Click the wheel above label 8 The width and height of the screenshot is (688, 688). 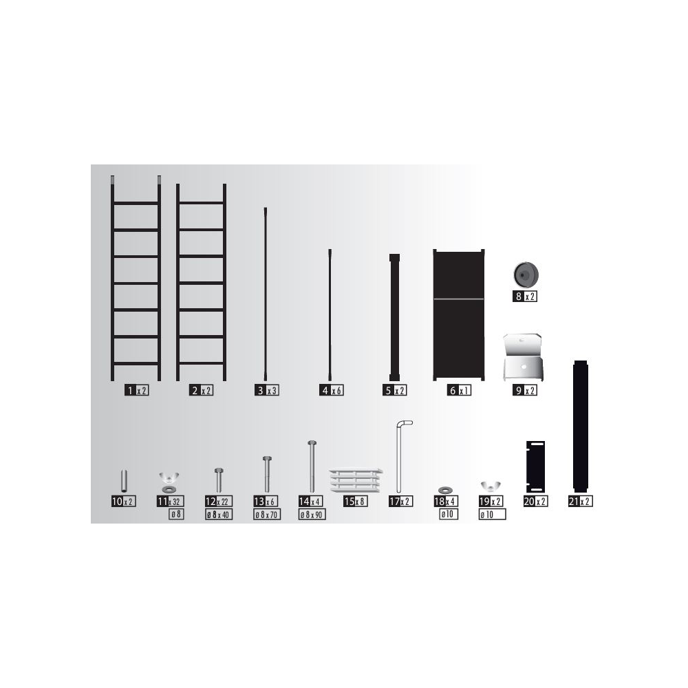[526, 275]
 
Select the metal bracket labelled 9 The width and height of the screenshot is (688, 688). [522, 358]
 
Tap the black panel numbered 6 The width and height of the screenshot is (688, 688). [458, 314]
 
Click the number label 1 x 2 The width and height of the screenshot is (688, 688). [136, 390]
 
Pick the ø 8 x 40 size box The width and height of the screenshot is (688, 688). [219, 515]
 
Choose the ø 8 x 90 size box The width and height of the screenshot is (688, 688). [312, 515]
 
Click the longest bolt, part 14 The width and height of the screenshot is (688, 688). [312, 466]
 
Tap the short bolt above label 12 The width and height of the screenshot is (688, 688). [219, 480]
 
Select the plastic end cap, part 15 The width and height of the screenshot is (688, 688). [356, 480]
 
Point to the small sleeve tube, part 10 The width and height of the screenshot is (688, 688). [124, 482]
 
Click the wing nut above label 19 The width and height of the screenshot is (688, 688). [491, 486]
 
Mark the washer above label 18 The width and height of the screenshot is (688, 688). [446, 489]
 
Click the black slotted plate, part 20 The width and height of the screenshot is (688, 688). [535, 467]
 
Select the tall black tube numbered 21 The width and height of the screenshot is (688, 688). [580, 426]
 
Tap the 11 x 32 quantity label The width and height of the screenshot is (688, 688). [170, 501]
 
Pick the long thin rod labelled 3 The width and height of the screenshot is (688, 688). [266, 294]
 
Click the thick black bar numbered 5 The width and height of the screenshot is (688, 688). [394, 317]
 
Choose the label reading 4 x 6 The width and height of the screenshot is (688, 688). [332, 390]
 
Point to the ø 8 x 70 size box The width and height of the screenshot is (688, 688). [267, 515]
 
